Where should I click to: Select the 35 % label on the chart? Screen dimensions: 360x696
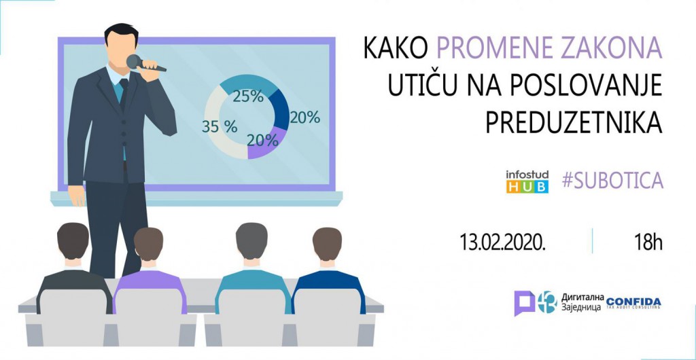pyautogui.click(x=220, y=126)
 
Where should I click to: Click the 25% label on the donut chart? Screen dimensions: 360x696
pyautogui.click(x=247, y=96)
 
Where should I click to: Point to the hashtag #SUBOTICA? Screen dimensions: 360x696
pyautogui.click(x=612, y=180)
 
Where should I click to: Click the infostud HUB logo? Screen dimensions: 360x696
pyautogui.click(x=527, y=181)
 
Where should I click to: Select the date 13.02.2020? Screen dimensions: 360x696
pyautogui.click(x=503, y=242)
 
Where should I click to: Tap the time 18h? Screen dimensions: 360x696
pyautogui.click(x=647, y=242)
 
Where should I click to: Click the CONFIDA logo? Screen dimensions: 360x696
pyautogui.click(x=633, y=302)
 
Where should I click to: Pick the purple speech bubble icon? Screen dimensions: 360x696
pyautogui.click(x=523, y=302)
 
